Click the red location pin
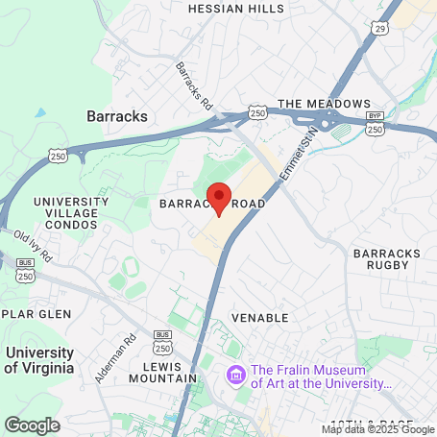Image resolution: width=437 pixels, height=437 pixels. click(x=219, y=197)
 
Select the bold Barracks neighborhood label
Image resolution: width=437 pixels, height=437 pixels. click(x=117, y=116)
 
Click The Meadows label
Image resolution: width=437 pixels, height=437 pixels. click(x=324, y=104)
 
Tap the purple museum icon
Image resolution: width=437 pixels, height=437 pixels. click(x=234, y=374)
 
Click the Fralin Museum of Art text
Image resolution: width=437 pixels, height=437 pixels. click(x=322, y=376)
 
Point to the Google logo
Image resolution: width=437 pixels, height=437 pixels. click(x=32, y=424)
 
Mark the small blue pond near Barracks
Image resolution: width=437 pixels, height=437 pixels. click(x=40, y=112)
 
